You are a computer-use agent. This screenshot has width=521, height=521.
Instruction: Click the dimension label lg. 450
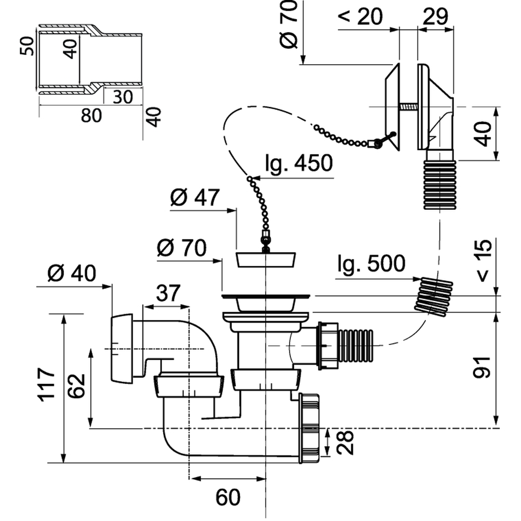click(299, 163)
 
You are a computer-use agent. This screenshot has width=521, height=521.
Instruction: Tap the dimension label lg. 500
click(371, 263)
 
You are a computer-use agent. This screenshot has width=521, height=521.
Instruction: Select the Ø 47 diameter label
click(195, 197)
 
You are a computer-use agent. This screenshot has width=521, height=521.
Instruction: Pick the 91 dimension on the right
click(482, 367)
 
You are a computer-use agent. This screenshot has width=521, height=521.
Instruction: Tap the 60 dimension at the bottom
click(228, 497)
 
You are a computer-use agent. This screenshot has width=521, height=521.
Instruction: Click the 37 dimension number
click(168, 293)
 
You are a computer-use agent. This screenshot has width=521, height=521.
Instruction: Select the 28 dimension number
click(344, 442)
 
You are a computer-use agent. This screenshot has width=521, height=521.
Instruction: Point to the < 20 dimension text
click(360, 16)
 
